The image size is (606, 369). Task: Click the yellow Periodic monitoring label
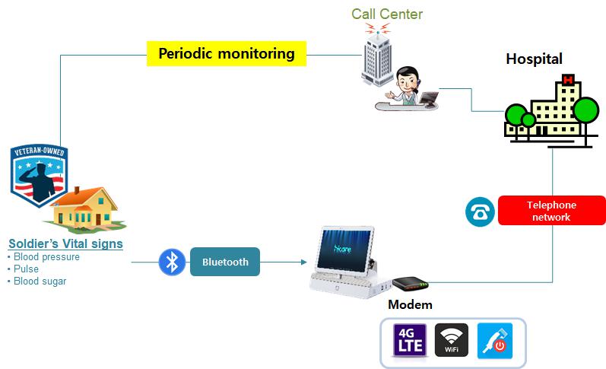click(226, 54)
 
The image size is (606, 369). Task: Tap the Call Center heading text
click(386, 14)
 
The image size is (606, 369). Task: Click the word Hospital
click(534, 59)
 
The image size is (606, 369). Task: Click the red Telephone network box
click(551, 211)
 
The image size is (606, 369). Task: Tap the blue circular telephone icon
click(480, 212)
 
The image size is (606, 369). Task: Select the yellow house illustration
click(84, 208)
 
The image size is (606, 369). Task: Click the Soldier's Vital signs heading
click(65, 244)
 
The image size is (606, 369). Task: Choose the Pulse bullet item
click(26, 269)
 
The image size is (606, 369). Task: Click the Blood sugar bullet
click(39, 281)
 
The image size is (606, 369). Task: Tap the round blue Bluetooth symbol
click(173, 262)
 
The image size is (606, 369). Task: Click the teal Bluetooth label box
click(225, 262)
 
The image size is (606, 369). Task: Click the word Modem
click(410, 305)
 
